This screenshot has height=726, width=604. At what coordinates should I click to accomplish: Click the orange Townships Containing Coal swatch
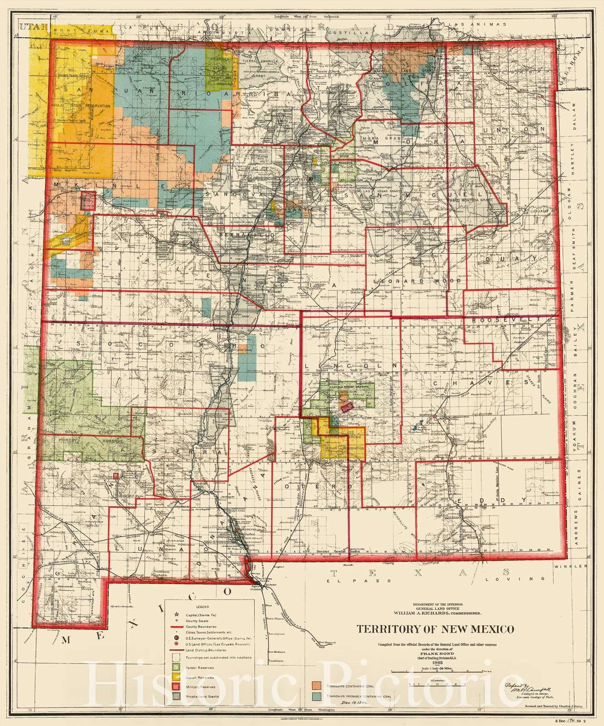[317, 683]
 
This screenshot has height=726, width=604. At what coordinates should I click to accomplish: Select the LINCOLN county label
[351, 365]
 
